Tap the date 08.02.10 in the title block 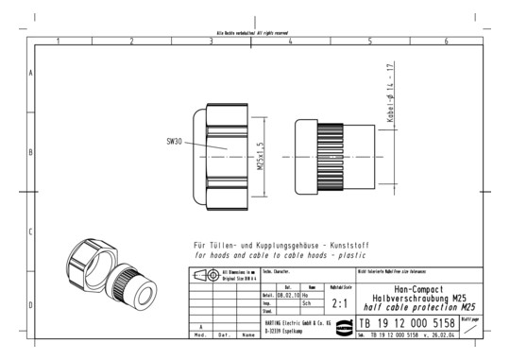click(x=287, y=295)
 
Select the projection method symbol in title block click(x=204, y=275)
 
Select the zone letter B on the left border click(x=31, y=152)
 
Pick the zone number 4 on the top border click(x=290, y=42)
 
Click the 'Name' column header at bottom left click(x=247, y=334)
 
